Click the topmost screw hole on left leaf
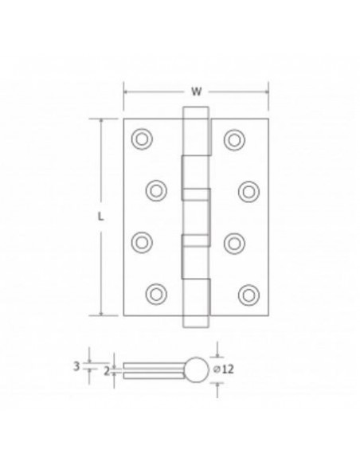coord(142,138)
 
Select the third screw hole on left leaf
coord(142,241)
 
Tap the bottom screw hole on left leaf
coord(156,293)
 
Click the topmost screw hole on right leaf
coord(233,138)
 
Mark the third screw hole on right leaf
coord(233,241)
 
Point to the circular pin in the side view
coord(196,369)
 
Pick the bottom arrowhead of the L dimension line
coord(103,313)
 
